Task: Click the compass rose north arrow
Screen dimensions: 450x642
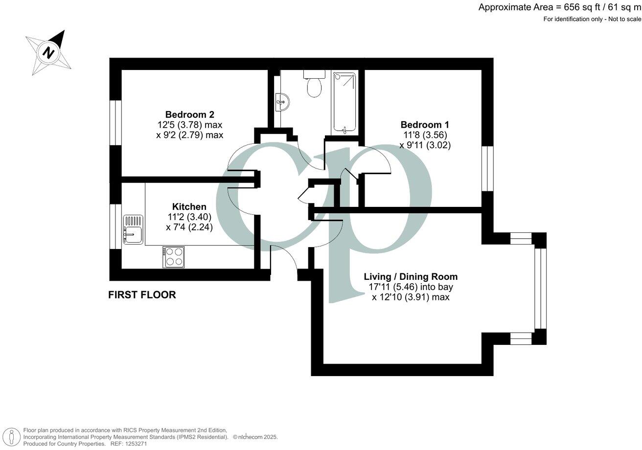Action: tap(49, 52)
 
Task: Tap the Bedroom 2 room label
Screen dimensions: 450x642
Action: tap(189, 114)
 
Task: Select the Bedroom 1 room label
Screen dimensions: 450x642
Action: tap(425, 125)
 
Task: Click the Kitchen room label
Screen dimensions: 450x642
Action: tap(189, 206)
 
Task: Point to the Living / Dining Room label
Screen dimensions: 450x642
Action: tap(411, 277)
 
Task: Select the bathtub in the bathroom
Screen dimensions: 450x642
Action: tap(345, 102)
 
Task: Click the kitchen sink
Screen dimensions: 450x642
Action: tap(133, 230)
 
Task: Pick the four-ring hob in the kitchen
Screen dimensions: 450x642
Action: tap(173, 256)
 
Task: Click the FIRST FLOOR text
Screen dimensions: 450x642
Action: tap(142, 295)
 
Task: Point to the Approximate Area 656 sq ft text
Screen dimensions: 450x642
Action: tap(559, 7)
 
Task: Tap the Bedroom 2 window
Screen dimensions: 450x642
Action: tap(115, 123)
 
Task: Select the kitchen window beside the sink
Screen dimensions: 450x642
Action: tap(115, 226)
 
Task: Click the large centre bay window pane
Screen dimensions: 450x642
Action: tap(539, 289)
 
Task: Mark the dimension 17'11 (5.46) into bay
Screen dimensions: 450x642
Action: tap(411, 287)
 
